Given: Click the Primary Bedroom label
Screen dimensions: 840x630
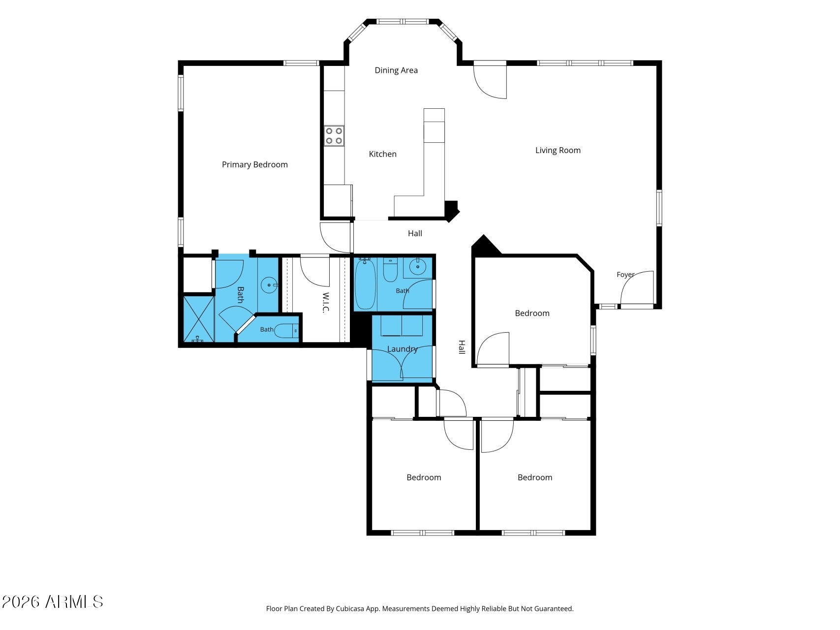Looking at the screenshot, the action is click(x=254, y=165).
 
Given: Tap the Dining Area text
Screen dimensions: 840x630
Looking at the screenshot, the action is click(x=396, y=70).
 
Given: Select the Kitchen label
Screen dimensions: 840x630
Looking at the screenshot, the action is click(x=383, y=154).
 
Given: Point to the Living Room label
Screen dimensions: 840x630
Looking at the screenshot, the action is click(x=558, y=151).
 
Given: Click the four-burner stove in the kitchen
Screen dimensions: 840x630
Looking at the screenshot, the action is click(x=334, y=136).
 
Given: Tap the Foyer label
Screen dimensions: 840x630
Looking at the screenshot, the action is click(x=625, y=275).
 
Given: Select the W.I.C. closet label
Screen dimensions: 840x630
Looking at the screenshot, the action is click(x=326, y=303).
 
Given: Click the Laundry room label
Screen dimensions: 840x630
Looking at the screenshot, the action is click(x=402, y=349).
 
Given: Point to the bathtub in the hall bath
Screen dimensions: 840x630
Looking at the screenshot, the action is click(x=365, y=284).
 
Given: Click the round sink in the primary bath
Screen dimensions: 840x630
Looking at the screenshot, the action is click(x=269, y=285).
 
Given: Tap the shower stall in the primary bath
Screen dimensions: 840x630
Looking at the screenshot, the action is click(x=199, y=318).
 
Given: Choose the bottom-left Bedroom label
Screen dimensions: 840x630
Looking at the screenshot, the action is click(x=424, y=477).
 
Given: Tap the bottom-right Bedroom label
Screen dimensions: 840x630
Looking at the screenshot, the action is click(x=535, y=477).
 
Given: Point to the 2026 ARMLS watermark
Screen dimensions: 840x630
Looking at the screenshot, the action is click(x=53, y=602).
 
